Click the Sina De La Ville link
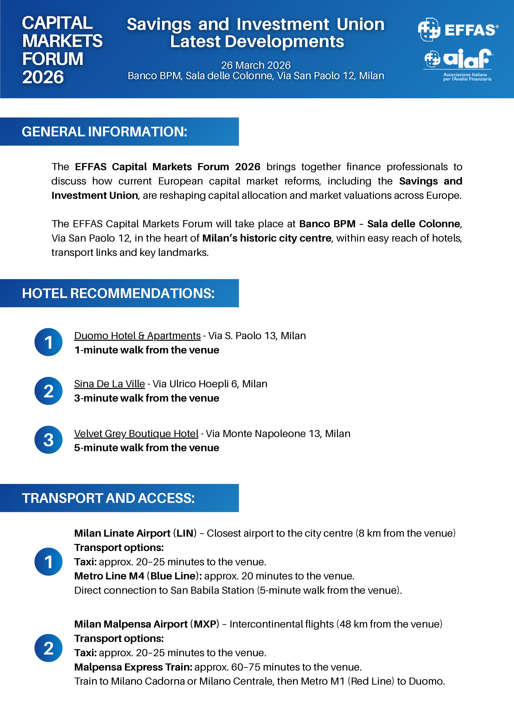[x=109, y=384]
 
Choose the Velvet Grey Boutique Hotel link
[x=136, y=434]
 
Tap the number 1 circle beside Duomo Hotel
[x=48, y=342]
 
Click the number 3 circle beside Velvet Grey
[x=48, y=440]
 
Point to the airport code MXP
[x=205, y=624]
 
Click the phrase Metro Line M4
[x=109, y=576]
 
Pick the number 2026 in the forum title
[x=43, y=77]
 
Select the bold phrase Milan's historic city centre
[x=267, y=238]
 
